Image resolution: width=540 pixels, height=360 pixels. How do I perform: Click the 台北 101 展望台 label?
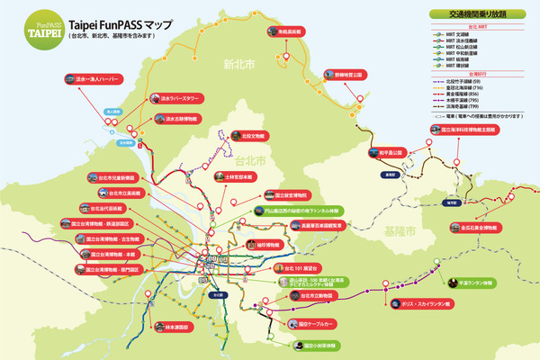(x=301, y=268)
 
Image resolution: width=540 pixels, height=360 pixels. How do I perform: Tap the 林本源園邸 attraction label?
(x=171, y=328)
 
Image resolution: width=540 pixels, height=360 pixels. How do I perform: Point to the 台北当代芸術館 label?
(x=101, y=207)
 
